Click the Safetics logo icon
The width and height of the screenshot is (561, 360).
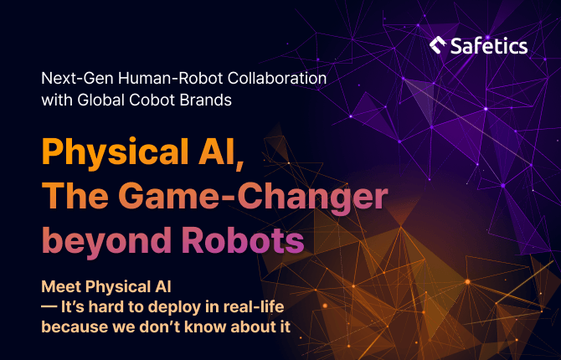438,45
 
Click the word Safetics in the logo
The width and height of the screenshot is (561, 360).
489,46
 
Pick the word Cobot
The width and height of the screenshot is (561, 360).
152,100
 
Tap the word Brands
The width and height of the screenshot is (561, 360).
206,100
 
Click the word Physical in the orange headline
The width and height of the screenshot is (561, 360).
116,152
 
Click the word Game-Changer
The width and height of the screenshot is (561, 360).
253,197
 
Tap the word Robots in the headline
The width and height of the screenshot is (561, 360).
243,239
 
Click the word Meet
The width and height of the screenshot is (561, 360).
61,286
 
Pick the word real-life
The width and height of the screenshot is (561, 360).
254,306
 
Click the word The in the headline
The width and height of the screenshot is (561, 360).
75,196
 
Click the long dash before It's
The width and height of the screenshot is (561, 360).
49,306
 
